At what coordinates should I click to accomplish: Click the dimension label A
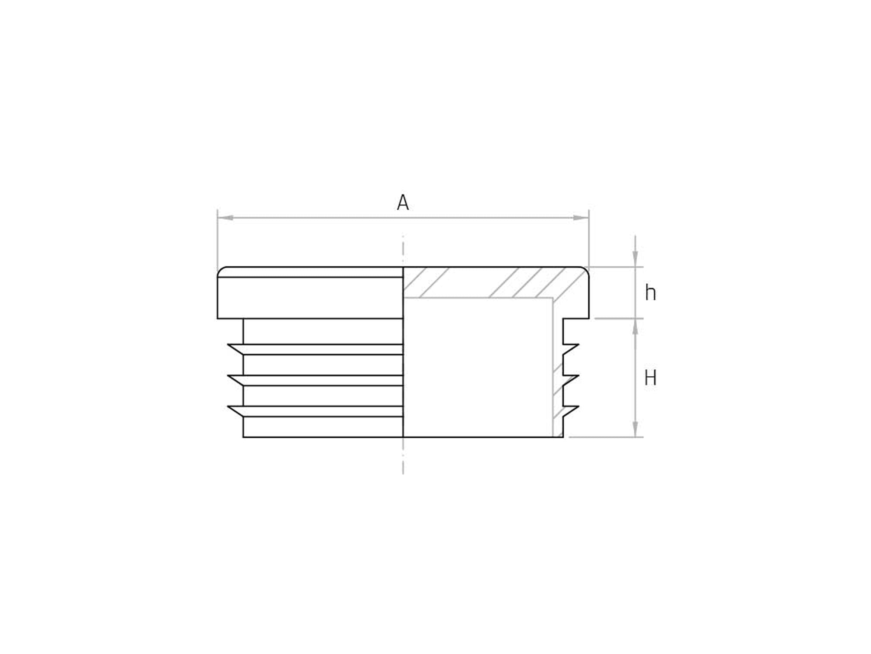point(403,203)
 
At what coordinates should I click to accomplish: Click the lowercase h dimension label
point(650,293)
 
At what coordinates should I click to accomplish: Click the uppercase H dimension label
point(650,378)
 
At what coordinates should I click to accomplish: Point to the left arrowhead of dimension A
point(226,218)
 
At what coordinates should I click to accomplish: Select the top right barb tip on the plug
point(578,345)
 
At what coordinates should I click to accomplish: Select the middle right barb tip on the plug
point(578,375)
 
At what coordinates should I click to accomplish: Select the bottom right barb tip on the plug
point(578,407)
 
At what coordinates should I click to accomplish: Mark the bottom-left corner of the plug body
point(244,437)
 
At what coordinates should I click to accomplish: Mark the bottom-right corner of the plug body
point(563,437)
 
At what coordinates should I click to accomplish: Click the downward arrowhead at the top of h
point(635,259)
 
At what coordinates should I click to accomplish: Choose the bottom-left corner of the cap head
point(218,318)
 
